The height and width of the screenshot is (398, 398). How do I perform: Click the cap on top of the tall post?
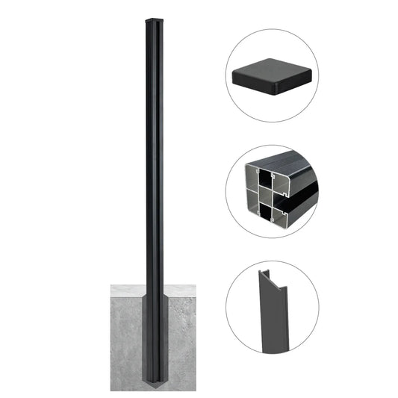point(152,18)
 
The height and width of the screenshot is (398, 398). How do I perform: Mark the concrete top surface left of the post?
point(127,289)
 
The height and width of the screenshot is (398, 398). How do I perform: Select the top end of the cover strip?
point(270,276)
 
